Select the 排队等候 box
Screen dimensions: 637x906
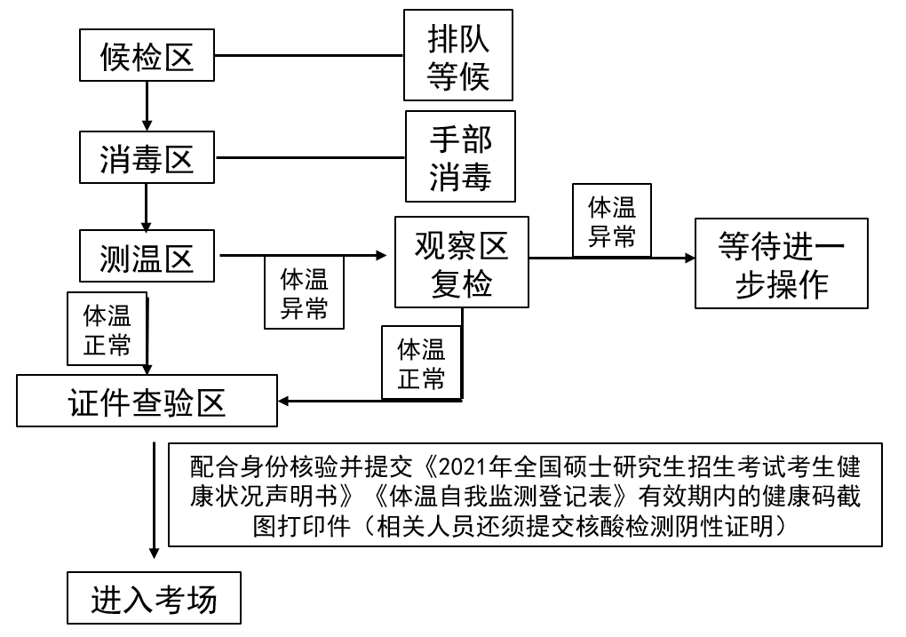click(458, 55)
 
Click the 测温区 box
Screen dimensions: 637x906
click(147, 259)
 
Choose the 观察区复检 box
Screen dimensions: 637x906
click(462, 264)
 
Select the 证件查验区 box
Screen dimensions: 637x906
click(147, 402)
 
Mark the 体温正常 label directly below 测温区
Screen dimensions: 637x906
click(107, 329)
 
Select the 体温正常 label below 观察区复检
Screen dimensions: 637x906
click(421, 362)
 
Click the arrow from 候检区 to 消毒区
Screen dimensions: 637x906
click(147, 108)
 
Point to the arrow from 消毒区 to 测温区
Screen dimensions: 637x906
click(147, 209)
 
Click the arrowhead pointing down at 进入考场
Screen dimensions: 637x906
click(155, 553)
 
